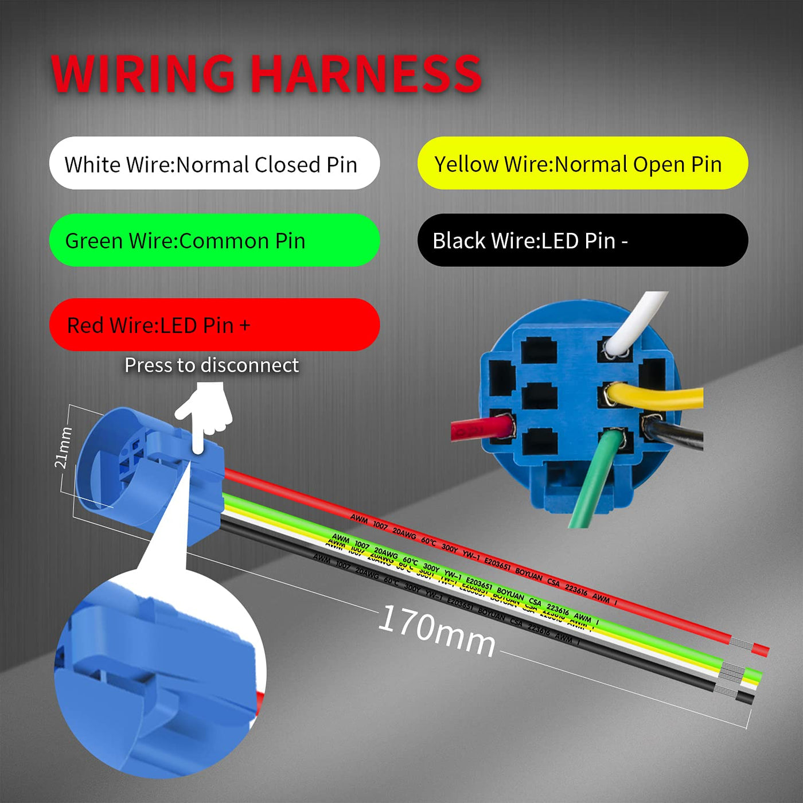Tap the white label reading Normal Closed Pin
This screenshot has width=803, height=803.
coord(214,163)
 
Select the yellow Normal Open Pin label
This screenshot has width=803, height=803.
coord(582,163)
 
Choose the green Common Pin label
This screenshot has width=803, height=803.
coord(214,240)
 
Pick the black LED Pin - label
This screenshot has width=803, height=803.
coord(582,240)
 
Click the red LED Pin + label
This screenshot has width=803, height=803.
coord(214,325)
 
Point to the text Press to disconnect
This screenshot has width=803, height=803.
coord(212,365)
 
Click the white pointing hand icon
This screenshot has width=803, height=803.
coord(205,413)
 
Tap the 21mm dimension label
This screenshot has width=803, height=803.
coord(64,447)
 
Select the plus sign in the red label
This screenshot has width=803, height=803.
coord(245,326)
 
